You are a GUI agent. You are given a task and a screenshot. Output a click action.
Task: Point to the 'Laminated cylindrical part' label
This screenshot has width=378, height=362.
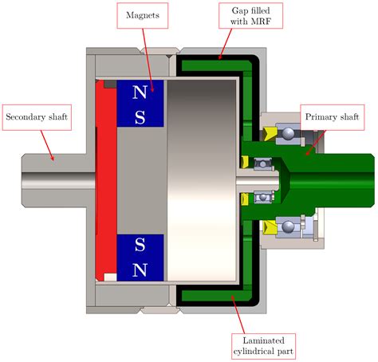coord(262,344)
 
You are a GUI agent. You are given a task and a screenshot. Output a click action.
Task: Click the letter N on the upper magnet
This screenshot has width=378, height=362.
coord(140,92)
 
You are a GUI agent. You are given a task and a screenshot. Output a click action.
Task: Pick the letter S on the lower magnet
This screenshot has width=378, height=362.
coord(140,245)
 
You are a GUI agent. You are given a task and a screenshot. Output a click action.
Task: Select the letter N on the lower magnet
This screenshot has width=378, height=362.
coord(140,269)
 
